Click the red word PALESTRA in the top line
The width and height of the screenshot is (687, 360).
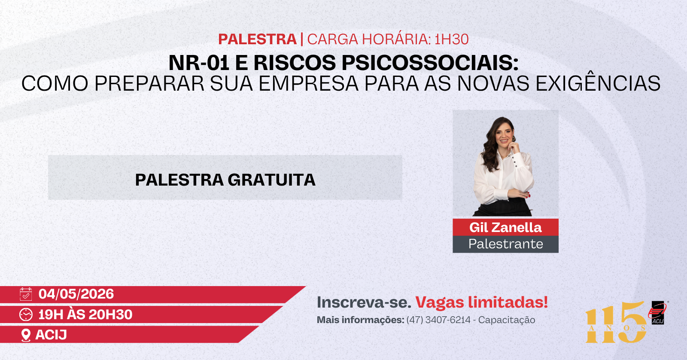point(257,39)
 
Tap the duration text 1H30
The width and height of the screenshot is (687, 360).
point(451,39)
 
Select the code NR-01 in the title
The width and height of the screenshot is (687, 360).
point(199,63)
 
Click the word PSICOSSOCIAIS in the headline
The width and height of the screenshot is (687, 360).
point(430,63)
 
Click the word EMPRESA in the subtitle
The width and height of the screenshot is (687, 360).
point(309,83)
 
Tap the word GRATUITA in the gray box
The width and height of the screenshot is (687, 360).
point(271,180)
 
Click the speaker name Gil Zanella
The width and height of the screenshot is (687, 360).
point(505,227)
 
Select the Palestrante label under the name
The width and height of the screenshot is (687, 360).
point(505,244)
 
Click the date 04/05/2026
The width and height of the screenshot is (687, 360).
point(76,294)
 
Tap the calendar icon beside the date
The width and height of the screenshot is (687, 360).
point(26,294)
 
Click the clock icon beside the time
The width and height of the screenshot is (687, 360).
point(26,314)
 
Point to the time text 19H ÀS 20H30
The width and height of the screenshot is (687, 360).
point(85,314)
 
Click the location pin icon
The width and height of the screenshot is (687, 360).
point(26,335)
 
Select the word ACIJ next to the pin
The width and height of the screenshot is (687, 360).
point(51,335)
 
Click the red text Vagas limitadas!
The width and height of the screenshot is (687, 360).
point(481,302)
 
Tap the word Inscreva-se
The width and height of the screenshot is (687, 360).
point(364,302)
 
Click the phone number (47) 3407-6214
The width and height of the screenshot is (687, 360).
point(438,320)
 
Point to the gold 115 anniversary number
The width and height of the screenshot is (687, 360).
point(616,322)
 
